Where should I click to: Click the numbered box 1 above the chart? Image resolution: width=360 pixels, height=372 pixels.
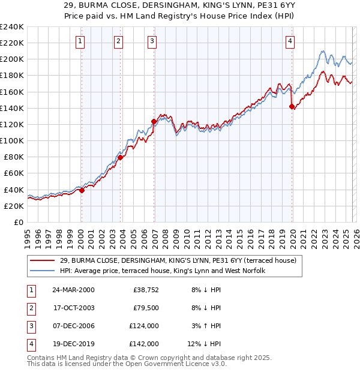pyautogui.click(x=80, y=41)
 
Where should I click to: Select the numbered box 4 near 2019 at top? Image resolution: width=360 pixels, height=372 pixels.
pyautogui.click(x=290, y=41)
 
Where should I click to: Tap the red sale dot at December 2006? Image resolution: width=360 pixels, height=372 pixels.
pyautogui.click(x=154, y=121)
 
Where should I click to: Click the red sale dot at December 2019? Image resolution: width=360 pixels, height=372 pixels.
pyautogui.click(x=292, y=107)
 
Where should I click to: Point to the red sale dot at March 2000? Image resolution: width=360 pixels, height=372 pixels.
pyautogui.click(x=82, y=191)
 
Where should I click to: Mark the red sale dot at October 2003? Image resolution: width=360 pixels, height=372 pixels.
pyautogui.click(x=120, y=158)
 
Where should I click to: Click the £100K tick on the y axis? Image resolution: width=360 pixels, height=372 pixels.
pyautogui.click(x=11, y=140)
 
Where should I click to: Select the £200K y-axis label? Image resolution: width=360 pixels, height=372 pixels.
pyautogui.click(x=11, y=59)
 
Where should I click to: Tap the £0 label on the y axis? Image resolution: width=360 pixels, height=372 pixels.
pyautogui.click(x=18, y=222)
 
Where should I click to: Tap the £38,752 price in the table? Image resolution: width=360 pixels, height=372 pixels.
pyautogui.click(x=145, y=289)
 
